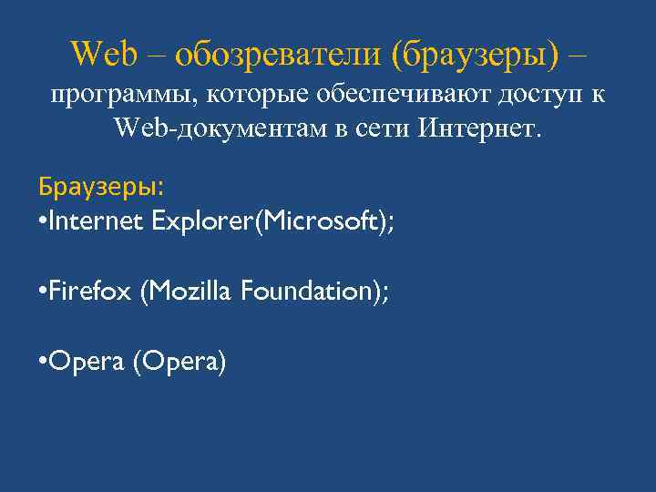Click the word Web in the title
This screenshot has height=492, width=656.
point(104,54)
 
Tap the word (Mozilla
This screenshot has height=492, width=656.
point(186,291)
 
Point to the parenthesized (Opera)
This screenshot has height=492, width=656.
point(179,362)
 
